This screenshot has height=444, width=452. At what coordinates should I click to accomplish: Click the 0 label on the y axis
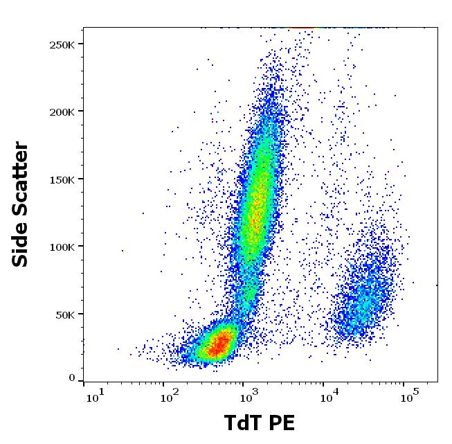coord(72,378)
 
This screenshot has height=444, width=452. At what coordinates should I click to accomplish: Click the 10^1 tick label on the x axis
coord(94,398)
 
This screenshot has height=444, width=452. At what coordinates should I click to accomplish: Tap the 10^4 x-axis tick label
coord(329,398)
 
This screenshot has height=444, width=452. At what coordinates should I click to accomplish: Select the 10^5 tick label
coord(409,398)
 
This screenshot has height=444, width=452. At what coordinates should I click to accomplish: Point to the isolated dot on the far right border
coord(437,285)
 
